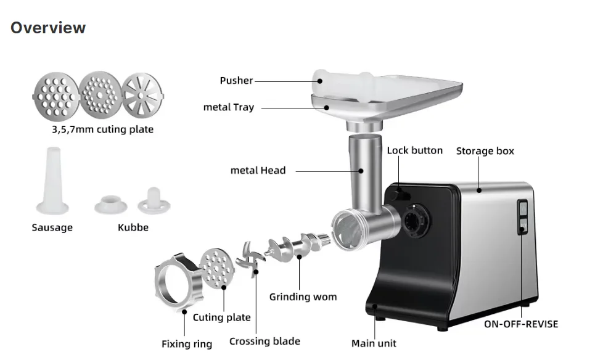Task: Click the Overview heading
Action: coord(48,28)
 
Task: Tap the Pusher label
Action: coord(236,81)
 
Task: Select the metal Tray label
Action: coord(228,107)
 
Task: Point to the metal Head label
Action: coord(258,170)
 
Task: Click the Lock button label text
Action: coord(414,150)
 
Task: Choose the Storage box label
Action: coord(485,151)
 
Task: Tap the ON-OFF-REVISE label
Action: coord(520,324)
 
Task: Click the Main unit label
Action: coord(374,343)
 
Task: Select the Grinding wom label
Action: coord(303,297)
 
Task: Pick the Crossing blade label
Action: coord(265,342)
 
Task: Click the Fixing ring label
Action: coord(186,344)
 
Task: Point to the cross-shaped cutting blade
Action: coord(252,261)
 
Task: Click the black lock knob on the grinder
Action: coord(398,194)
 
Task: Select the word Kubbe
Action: coord(133,227)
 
